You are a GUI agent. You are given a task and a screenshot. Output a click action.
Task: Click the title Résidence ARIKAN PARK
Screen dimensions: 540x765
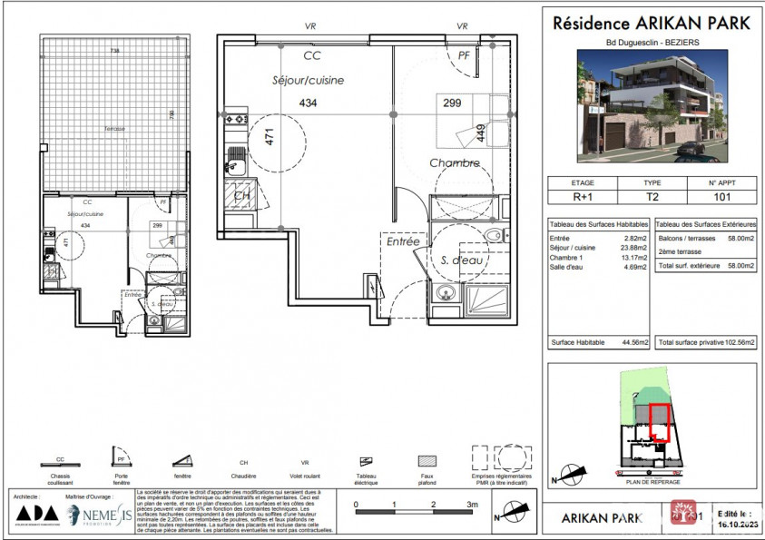coord(651,24)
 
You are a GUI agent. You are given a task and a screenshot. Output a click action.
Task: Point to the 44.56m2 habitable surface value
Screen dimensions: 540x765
coord(635,342)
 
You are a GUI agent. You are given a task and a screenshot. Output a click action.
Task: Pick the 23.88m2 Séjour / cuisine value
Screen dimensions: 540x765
coord(635,248)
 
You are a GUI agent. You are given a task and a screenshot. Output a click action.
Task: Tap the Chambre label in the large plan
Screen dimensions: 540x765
coord(455,163)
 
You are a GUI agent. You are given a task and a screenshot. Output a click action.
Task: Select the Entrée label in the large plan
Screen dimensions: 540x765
coord(403,242)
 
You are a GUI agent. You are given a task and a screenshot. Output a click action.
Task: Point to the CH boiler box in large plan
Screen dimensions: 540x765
coord(242,195)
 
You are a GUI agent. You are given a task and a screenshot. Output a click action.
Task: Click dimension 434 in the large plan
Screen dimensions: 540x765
coord(309,103)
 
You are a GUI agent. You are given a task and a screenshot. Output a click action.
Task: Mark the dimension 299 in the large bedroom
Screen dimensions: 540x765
coord(452,103)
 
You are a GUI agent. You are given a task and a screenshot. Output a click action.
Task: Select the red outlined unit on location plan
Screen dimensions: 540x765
coord(662,422)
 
